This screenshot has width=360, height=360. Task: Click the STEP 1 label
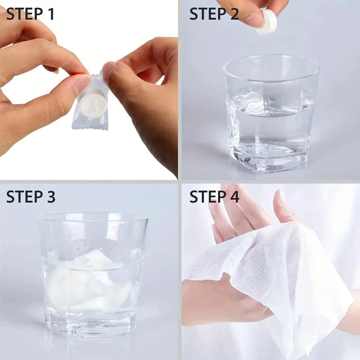click(31, 14)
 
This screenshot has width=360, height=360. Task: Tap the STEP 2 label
click(214, 14)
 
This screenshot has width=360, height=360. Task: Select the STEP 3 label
click(31, 197)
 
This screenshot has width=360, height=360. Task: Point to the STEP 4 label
click(214, 197)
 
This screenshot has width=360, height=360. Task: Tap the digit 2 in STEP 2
click(234, 14)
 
